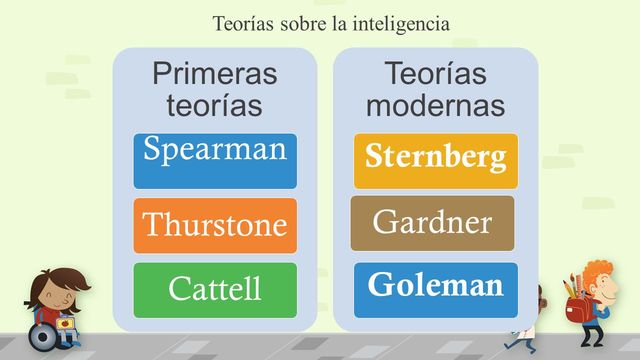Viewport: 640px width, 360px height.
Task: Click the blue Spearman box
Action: [215, 160]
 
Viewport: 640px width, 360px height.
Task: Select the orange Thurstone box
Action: [215, 225]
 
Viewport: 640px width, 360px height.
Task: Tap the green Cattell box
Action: [215, 289]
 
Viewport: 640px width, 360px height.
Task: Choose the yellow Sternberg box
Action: [435, 160]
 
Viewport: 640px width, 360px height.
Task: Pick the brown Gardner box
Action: [432, 223]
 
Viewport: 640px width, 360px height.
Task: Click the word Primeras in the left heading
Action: [214, 74]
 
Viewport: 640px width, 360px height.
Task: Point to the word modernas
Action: [435, 104]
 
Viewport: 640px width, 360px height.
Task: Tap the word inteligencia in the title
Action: [400, 22]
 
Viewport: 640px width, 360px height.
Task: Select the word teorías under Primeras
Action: [214, 104]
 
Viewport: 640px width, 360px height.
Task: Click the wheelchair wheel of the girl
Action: [42, 337]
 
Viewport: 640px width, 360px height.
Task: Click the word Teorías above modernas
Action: [435, 74]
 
